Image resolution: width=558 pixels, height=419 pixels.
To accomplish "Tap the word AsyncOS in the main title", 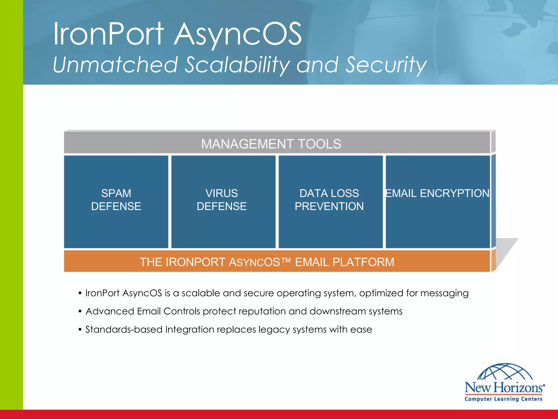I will (x=238, y=34).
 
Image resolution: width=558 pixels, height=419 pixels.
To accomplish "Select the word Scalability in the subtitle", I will (x=236, y=65).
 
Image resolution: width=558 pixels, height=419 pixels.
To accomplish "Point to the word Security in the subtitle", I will (x=386, y=65).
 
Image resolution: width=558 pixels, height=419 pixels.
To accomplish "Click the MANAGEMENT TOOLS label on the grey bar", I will (x=271, y=144).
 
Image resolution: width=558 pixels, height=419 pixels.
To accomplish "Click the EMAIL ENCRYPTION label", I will (x=437, y=193).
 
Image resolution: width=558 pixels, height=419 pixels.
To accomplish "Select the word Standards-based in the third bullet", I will (x=124, y=330).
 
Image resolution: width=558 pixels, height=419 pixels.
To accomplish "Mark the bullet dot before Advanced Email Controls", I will (x=80, y=312).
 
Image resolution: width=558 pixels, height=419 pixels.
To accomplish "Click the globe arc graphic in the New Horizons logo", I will (x=505, y=372).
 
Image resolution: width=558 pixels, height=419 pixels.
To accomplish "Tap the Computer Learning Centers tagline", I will (x=504, y=399).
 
